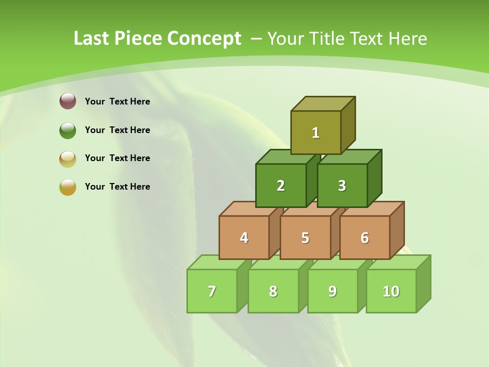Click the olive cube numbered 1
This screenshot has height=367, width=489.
click(x=316, y=133)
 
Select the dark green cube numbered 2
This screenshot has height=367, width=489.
click(x=281, y=186)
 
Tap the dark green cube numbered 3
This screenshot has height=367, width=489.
click(x=342, y=186)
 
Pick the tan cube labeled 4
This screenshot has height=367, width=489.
click(x=244, y=238)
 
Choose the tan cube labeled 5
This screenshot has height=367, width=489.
click(x=305, y=238)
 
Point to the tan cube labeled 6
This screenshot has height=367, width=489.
click(x=365, y=238)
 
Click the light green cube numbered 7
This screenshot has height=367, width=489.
click(x=212, y=291)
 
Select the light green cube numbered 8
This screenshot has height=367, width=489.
click(x=273, y=291)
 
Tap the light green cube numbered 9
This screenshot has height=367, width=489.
click(x=333, y=291)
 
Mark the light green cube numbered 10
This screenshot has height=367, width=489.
click(x=391, y=291)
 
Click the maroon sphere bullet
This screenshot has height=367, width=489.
click(x=68, y=101)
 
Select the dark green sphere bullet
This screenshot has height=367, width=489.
click(x=68, y=130)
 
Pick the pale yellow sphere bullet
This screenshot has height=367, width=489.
click(x=68, y=159)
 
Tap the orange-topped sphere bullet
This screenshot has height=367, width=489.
click(x=68, y=187)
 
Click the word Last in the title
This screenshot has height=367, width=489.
click(x=92, y=39)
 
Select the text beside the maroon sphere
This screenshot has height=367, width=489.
click(x=118, y=101)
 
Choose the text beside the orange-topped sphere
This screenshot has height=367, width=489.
click(x=118, y=187)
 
